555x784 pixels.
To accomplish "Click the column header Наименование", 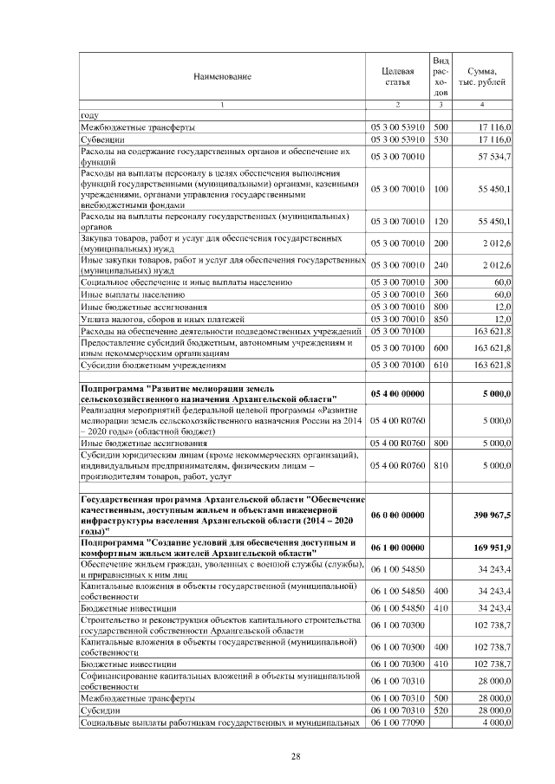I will [x=222, y=77].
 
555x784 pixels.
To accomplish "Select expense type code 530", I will [x=441, y=139].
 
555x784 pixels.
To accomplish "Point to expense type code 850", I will [x=441, y=319].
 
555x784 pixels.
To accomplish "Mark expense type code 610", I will [x=441, y=366].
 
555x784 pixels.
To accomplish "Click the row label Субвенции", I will [x=103, y=139].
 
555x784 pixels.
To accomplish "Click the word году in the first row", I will [x=88, y=114].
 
